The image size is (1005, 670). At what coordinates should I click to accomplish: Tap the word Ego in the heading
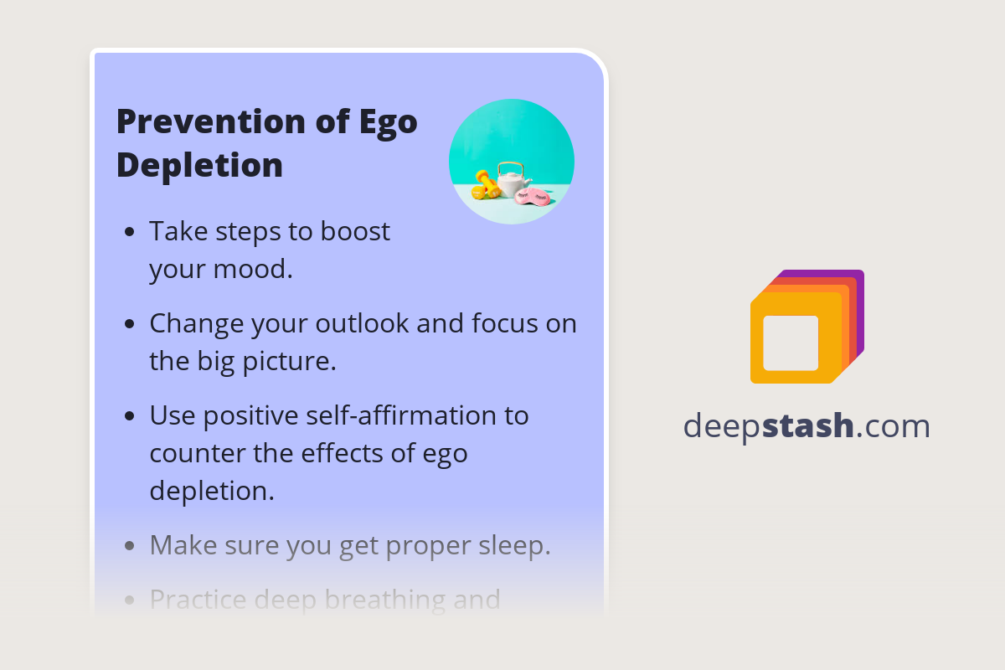pyautogui.click(x=388, y=122)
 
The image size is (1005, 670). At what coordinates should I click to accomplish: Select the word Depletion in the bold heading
pyautogui.click(x=199, y=165)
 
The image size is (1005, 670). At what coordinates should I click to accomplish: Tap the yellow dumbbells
pyautogui.click(x=486, y=184)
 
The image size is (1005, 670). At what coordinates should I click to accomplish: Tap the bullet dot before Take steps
pyautogui.click(x=129, y=232)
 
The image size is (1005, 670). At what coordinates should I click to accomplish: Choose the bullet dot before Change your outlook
pyautogui.click(x=129, y=324)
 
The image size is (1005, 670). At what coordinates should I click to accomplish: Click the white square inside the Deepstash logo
pyautogui.click(x=791, y=343)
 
